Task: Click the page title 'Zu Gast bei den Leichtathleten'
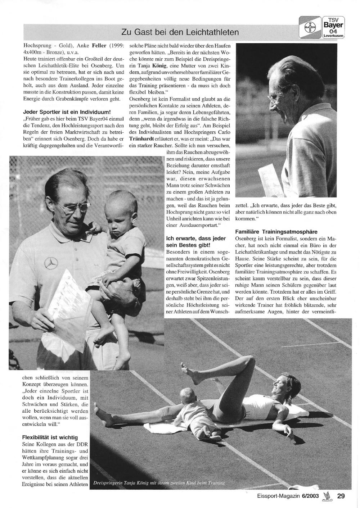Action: pos(180,32)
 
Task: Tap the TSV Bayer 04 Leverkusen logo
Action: pos(333,27)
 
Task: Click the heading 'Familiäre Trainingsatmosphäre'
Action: pos(276,232)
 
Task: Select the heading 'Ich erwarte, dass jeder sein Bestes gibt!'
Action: pos(196,241)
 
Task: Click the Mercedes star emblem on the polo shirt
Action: pos(51,262)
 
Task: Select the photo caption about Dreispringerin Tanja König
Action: pos(158,483)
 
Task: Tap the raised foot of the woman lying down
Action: pos(184,369)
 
